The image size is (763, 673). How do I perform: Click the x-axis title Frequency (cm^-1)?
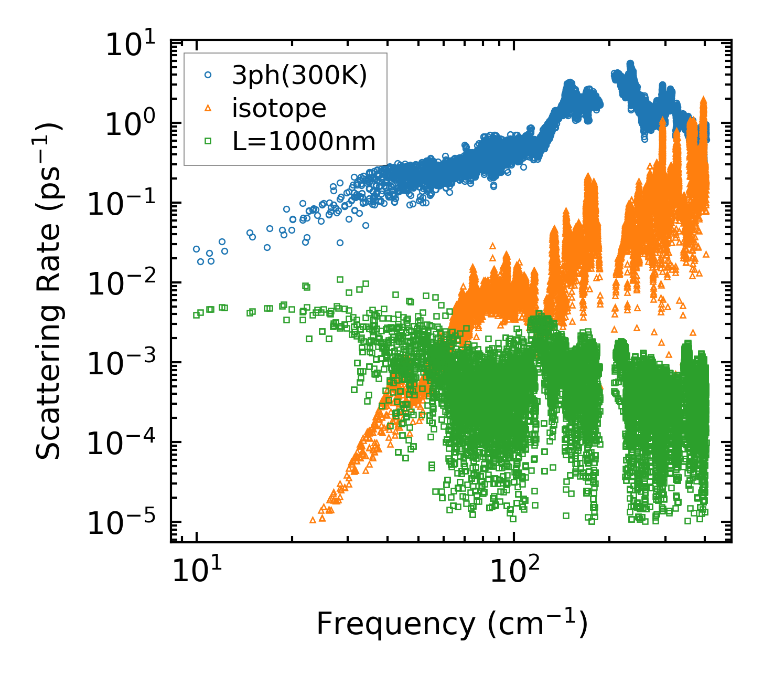tap(452, 624)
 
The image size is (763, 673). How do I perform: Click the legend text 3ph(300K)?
tap(299, 76)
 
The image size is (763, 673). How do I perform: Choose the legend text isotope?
tap(279, 109)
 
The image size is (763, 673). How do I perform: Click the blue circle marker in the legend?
tap(208, 76)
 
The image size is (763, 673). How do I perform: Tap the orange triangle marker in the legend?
tap(208, 108)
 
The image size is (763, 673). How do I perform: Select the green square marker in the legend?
tap(208, 141)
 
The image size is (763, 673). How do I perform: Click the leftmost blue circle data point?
tap(196, 249)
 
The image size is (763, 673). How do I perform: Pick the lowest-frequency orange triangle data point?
tap(313, 520)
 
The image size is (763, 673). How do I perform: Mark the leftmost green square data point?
tap(196, 315)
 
